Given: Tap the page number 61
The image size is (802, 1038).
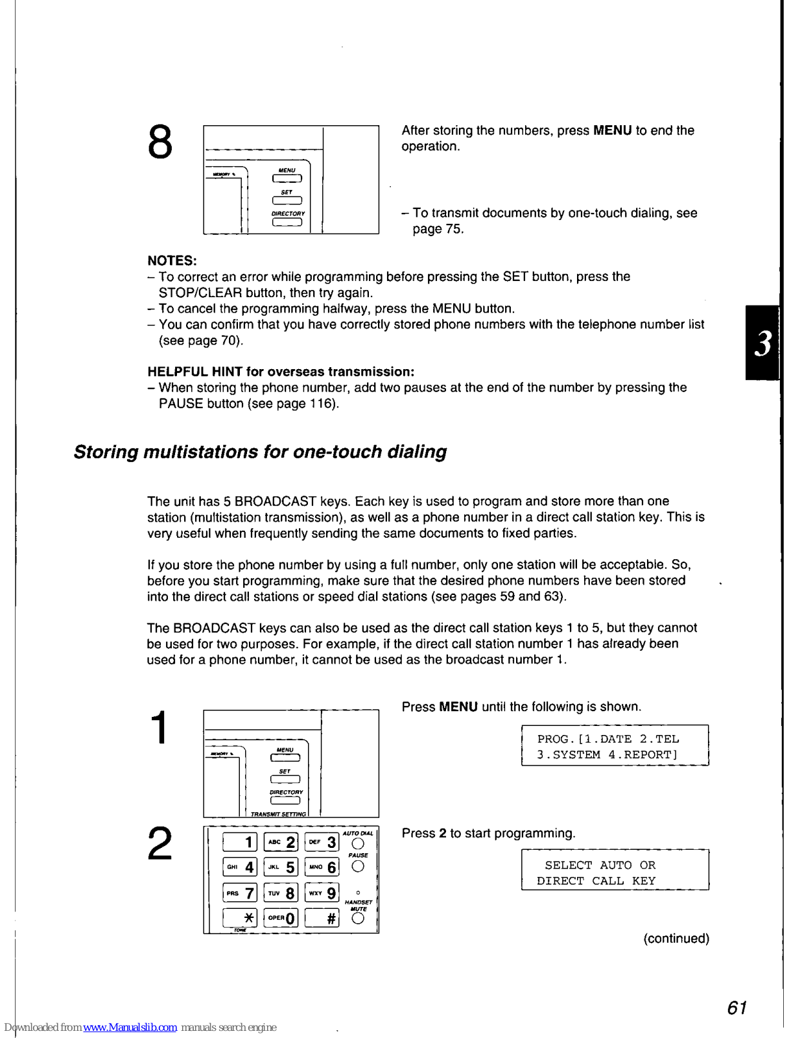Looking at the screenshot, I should coord(737,1008).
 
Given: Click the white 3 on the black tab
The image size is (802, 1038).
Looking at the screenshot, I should coord(764,343).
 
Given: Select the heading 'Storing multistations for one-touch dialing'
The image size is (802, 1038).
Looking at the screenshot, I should coord(260,452).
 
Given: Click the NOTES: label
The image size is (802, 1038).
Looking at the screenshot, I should coord(172,261).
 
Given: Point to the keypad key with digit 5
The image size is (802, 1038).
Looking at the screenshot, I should coord(281,867).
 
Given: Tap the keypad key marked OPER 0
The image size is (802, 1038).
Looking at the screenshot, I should coord(281,918).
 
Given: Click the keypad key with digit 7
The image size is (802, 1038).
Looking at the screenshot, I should coord(240,893).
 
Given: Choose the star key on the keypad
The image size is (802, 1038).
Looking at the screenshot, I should coord(240,918).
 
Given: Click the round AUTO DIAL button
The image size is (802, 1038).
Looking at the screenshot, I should coord(358,843).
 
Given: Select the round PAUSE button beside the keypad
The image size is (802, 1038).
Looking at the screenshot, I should coord(358,867).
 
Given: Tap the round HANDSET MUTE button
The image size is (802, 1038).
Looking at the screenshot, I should coord(358,918).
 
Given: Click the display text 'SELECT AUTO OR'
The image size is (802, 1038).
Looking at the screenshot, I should coord(600,865).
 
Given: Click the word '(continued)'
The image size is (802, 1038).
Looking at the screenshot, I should coord(676,939).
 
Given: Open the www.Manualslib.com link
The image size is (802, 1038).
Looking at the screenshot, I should coord(130,1027).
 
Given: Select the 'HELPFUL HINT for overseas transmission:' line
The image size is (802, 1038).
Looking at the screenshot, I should coord(281,372).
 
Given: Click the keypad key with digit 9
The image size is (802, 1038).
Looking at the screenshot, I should coord(322,893).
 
